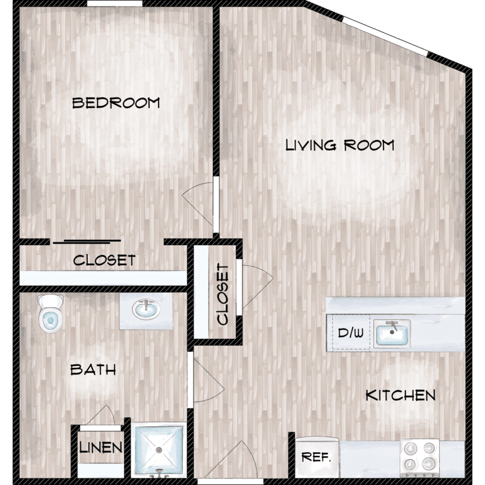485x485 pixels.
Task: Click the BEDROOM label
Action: click(116, 103)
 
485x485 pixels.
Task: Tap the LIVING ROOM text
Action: click(340, 145)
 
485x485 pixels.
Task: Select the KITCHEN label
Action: click(400, 395)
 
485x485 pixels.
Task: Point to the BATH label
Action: click(93, 370)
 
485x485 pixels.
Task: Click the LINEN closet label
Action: click(100, 447)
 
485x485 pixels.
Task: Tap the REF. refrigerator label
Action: click(316, 457)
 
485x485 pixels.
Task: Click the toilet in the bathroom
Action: click(50, 314)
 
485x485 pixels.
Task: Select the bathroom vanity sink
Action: click(146, 308)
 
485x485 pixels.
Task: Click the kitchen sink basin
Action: click(392, 334)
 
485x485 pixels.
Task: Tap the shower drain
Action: click(159, 449)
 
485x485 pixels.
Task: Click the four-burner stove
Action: click(420, 457)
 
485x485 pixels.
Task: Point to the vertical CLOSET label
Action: click(222, 294)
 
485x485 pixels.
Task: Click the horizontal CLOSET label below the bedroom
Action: click(104, 260)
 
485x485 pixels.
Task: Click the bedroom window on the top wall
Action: click(114, 3)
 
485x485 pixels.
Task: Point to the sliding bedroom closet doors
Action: click(87, 242)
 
